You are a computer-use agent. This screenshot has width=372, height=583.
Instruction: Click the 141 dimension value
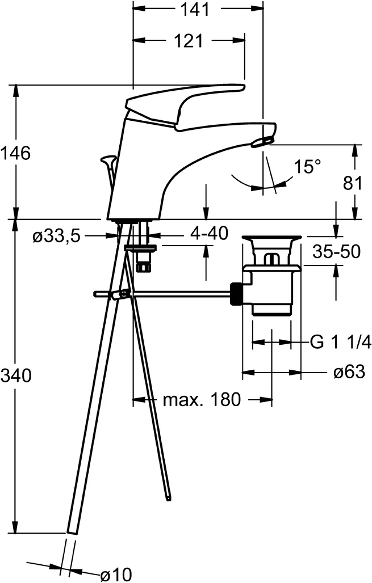pyautogui.click(x=199, y=10)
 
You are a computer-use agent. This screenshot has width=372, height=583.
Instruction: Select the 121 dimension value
pyautogui.click(x=189, y=41)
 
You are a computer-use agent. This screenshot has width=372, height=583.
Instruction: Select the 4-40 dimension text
pyautogui.click(x=209, y=233)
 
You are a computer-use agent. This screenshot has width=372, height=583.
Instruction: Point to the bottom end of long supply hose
pyautogui.click(x=72, y=530)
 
